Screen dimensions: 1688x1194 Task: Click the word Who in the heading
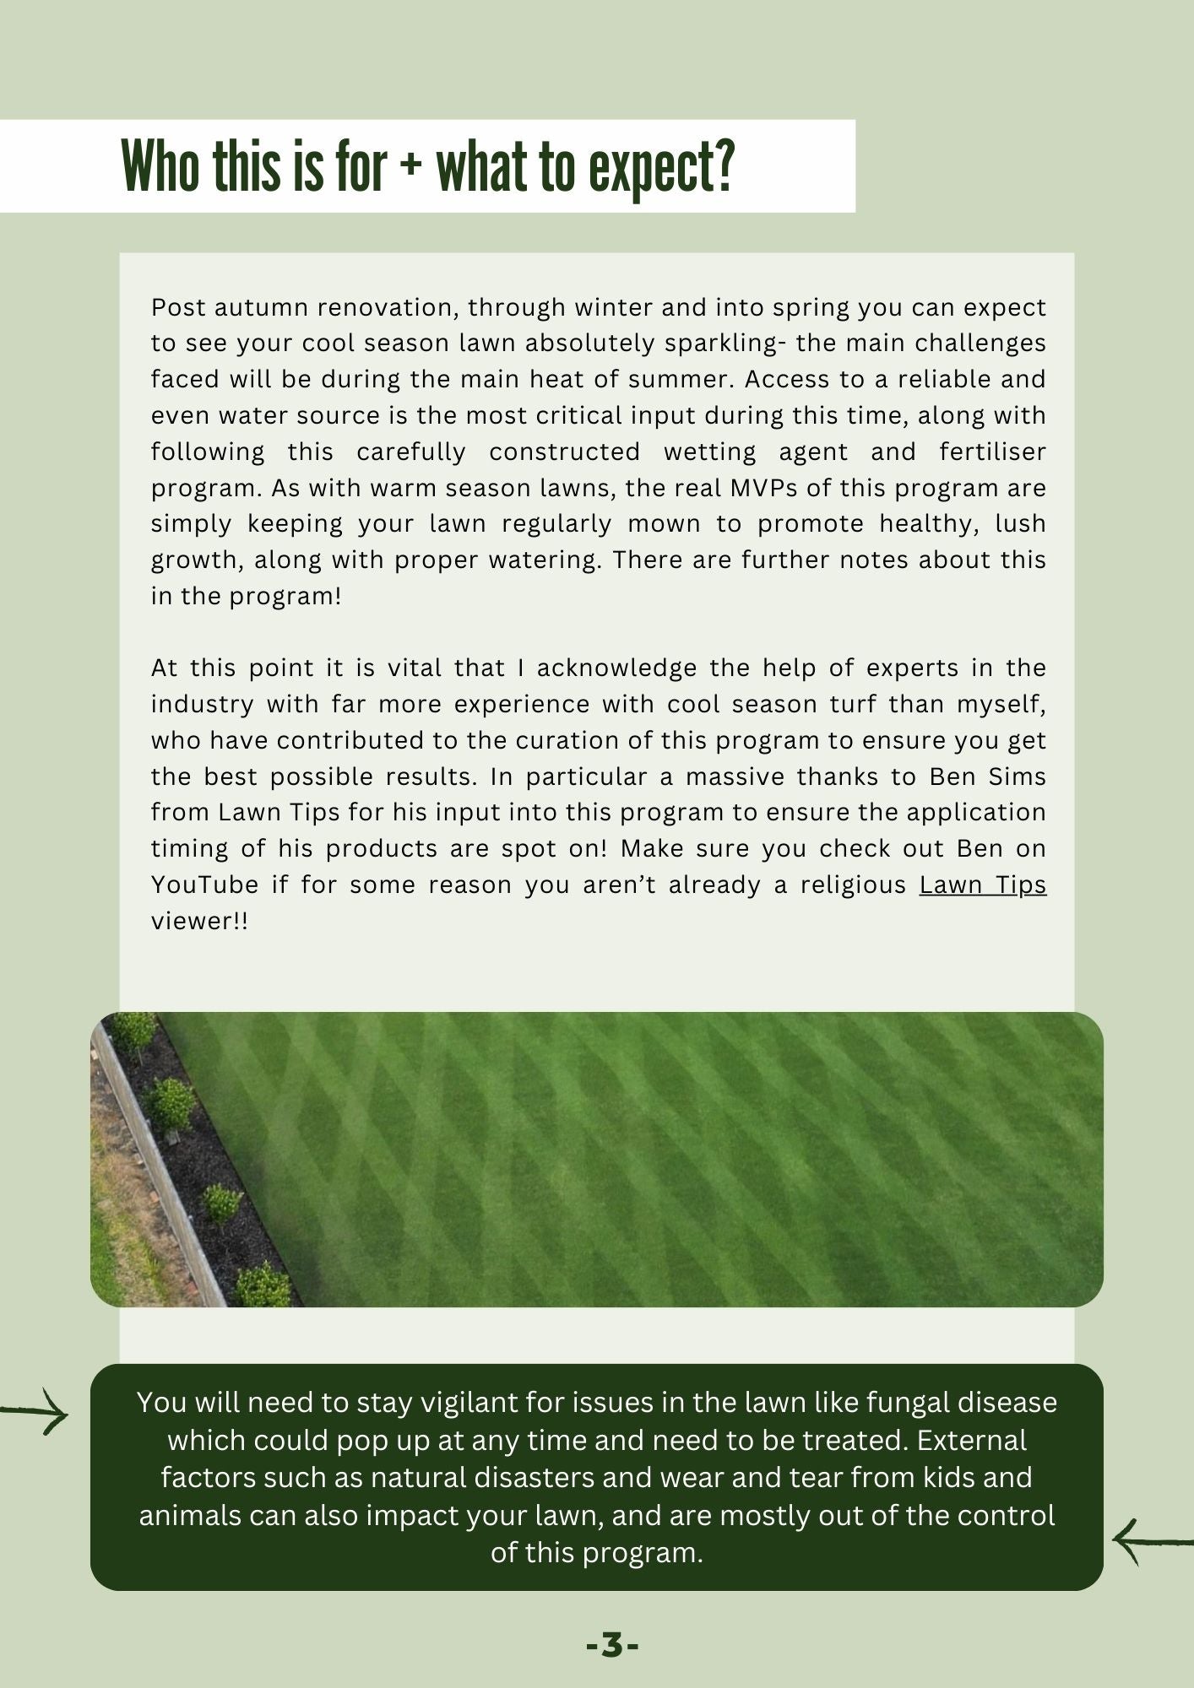[162, 166]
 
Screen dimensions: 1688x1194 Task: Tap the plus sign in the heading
[411, 168]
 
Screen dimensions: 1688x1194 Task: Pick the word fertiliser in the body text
[992, 452]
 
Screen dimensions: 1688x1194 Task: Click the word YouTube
[204, 885]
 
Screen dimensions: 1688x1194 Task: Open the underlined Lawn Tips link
[982, 885]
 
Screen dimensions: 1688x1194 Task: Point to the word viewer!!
[199, 921]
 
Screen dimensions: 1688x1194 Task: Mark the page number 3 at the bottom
[612, 1645]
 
